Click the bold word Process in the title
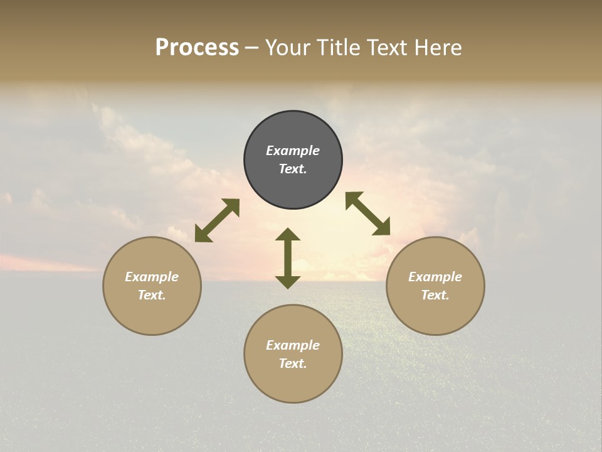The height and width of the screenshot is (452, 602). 197,48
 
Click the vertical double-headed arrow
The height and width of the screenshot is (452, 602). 288,258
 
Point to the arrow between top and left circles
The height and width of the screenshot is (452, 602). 217,220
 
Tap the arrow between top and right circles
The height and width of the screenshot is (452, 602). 368,213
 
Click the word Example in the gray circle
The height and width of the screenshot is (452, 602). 293,151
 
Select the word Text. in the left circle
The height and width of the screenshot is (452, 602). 152,295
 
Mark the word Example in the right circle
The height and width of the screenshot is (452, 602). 435,277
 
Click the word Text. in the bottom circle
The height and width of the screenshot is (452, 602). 293,363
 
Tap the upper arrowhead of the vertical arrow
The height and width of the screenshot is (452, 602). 288,235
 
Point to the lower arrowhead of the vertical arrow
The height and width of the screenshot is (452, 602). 288,282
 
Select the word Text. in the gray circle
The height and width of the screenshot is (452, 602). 293,169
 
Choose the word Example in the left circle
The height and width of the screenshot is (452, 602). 152,277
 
